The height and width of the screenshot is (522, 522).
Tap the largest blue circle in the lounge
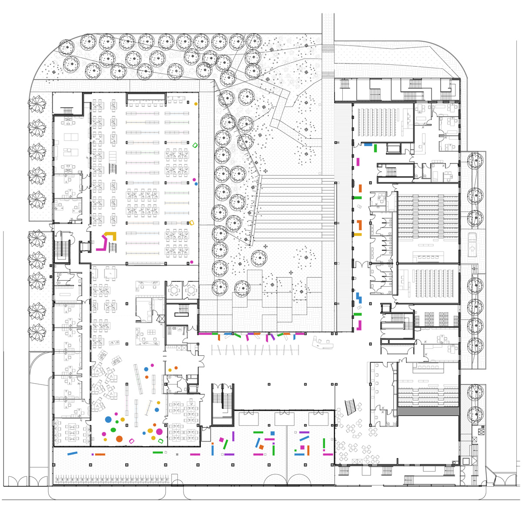108,420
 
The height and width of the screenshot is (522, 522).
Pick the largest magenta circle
159,432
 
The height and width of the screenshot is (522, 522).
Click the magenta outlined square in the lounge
132,441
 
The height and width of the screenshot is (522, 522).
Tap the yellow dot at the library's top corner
196,104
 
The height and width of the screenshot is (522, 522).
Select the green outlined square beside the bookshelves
195,145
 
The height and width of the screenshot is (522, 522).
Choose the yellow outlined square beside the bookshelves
191,223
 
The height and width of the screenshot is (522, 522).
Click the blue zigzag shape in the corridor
359,298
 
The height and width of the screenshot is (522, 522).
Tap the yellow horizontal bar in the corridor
358,234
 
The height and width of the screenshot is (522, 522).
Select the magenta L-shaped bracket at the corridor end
359,325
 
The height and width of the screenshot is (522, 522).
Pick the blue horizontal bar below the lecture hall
368,144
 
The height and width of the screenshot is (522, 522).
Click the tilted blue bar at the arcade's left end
72,453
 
